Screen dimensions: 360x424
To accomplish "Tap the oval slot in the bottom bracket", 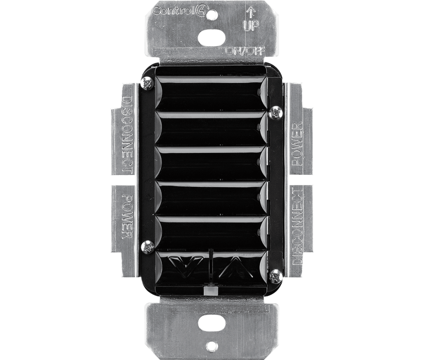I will [x=212, y=324].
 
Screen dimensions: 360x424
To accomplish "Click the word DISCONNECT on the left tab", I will [x=127, y=133].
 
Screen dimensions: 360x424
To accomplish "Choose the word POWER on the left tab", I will [x=128, y=217].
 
